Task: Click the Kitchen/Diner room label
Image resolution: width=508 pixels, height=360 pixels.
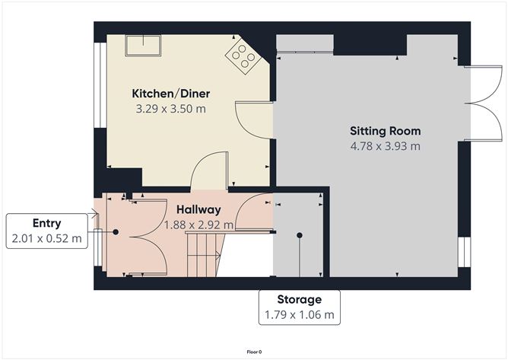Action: click(171, 94)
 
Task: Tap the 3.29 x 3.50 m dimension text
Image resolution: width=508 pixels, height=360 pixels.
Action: click(171, 109)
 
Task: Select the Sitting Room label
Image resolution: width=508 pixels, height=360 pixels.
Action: click(386, 131)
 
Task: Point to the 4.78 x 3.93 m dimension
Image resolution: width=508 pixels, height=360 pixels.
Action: click(386, 146)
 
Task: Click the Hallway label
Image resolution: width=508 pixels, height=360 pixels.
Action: click(198, 209)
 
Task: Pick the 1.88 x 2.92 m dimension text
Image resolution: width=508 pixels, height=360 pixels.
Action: click(198, 225)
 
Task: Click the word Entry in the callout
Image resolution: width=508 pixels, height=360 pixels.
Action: click(46, 224)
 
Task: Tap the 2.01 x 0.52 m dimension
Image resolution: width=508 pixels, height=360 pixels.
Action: click(46, 238)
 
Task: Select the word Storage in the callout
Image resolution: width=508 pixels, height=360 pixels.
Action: click(300, 299)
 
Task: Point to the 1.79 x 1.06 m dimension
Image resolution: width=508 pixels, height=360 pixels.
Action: click(300, 314)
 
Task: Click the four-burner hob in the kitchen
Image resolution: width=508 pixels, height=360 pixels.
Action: click(243, 56)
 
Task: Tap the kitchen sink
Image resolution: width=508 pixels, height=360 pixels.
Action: click(143, 46)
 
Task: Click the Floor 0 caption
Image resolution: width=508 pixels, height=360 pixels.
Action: click(254, 352)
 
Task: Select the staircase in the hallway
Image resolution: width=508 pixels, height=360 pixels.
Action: click(205, 255)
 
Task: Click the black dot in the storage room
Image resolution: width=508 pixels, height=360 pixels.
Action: click(300, 235)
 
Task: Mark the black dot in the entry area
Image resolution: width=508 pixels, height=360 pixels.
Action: click(116, 232)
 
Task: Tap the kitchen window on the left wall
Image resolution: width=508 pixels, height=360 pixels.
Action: click(100, 85)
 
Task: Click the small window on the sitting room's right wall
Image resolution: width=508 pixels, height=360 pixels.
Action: click(464, 253)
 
